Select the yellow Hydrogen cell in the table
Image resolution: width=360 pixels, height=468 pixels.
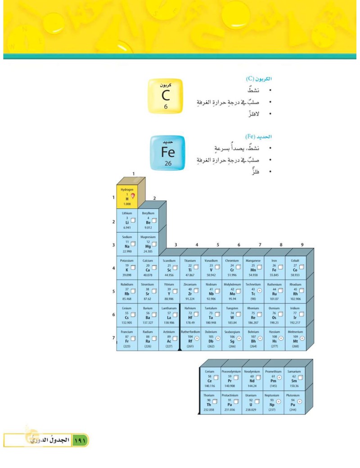(127, 197)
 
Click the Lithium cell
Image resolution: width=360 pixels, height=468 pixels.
(127, 220)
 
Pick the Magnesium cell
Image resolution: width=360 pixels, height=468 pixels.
(148, 244)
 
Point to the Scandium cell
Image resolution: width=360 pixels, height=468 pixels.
(169, 268)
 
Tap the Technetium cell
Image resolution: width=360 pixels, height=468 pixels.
(253, 291)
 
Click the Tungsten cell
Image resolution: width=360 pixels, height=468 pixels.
(232, 315)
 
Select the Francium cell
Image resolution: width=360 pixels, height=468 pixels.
(127, 339)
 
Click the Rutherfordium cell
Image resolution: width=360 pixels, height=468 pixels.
(190, 339)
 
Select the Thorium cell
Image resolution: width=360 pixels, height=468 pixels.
(210, 402)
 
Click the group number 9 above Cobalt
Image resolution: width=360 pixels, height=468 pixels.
(302, 245)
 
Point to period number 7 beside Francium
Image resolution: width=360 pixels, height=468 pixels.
(113, 337)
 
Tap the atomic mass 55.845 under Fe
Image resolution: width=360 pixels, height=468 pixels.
(274, 274)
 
